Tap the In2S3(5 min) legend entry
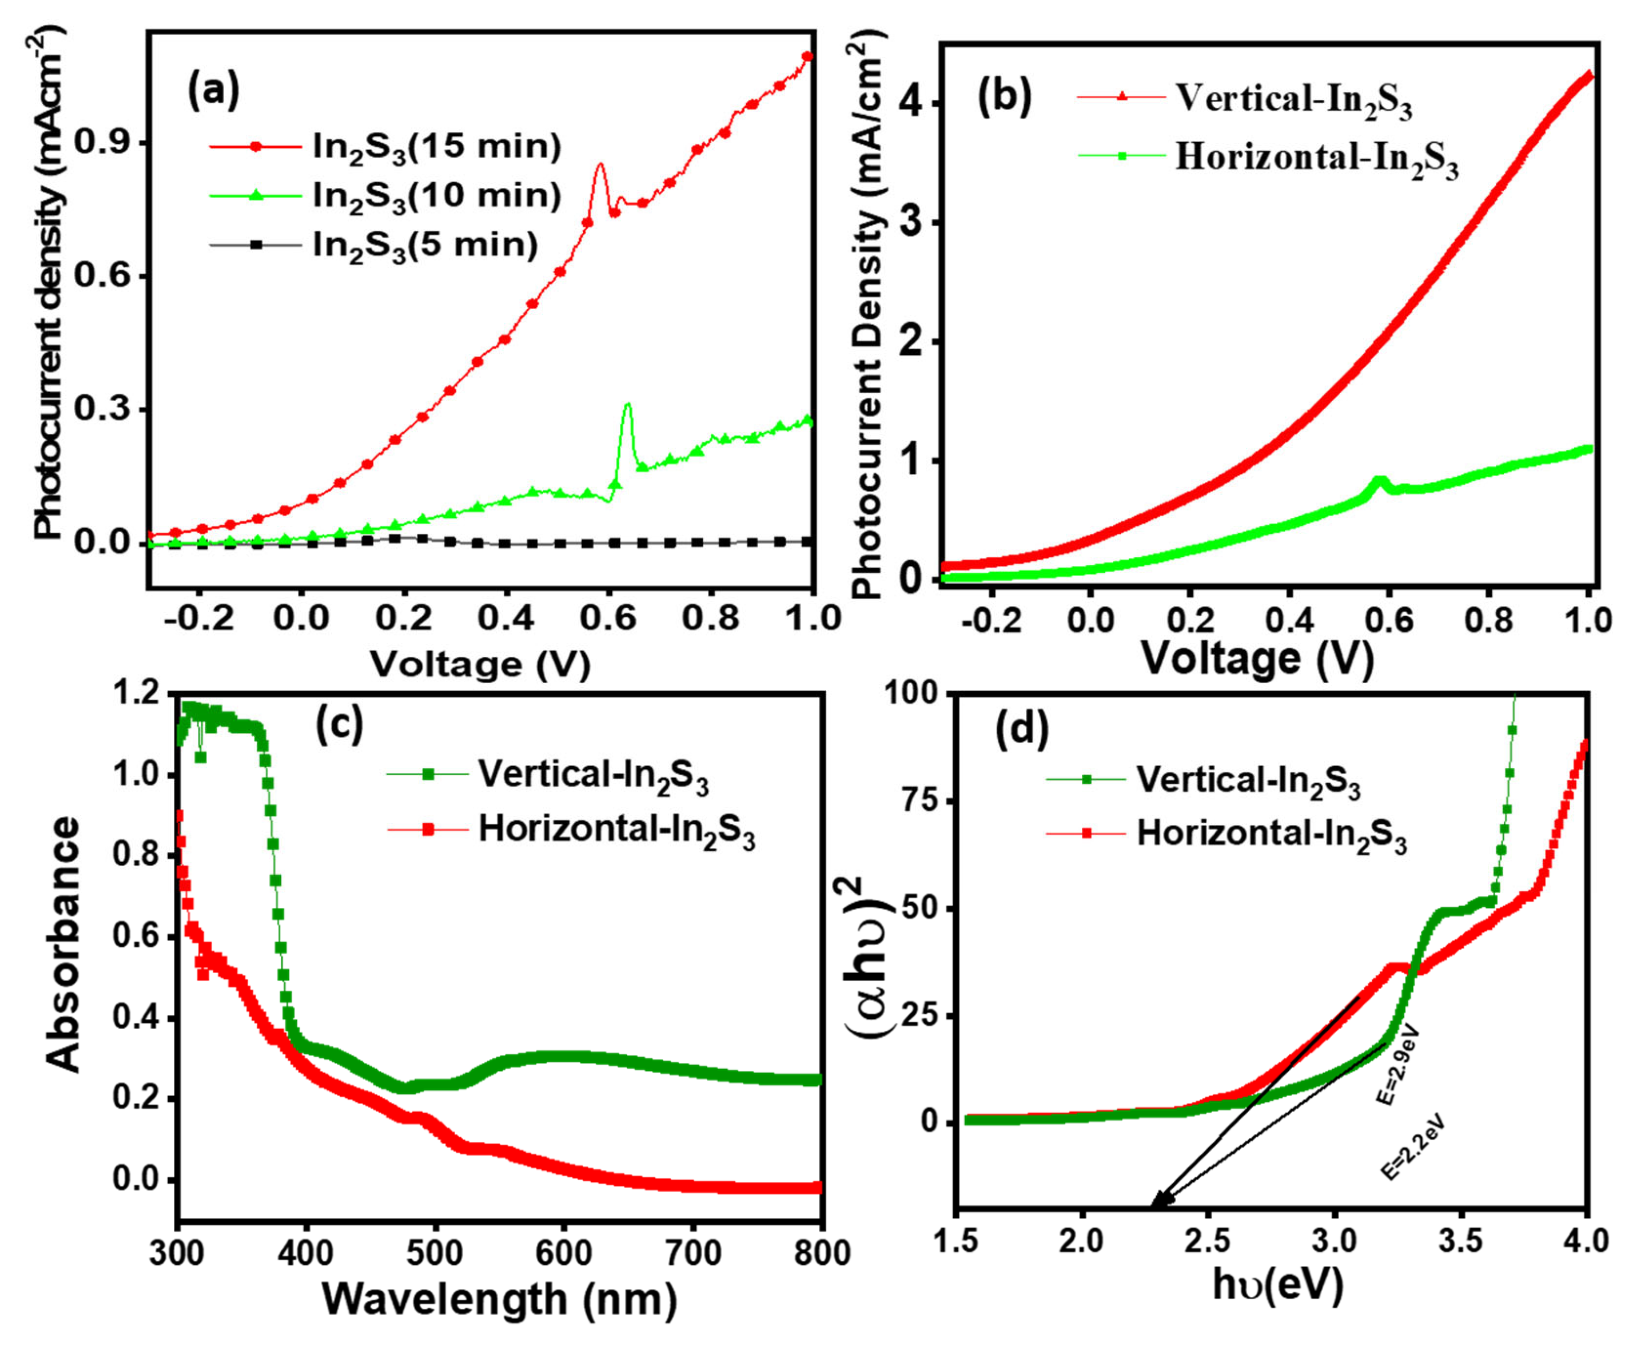point(424,245)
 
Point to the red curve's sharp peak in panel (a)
point(599,165)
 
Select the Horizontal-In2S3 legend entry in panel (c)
point(616,830)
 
